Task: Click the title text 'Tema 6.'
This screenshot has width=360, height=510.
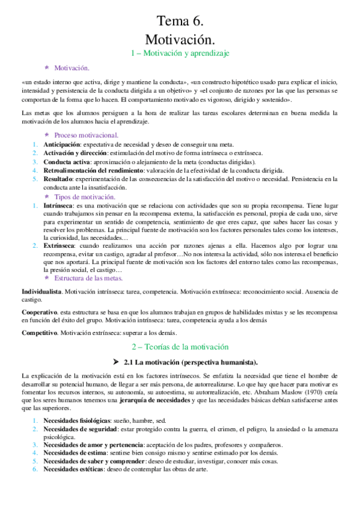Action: (x=180, y=22)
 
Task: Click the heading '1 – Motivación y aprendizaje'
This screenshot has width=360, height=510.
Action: (x=180, y=54)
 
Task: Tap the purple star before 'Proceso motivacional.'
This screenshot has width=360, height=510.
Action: (x=47, y=135)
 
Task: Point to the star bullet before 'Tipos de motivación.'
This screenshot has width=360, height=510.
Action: (x=47, y=197)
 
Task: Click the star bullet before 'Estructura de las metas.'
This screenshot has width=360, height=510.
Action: (x=47, y=278)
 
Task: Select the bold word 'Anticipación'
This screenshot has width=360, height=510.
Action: (x=61, y=144)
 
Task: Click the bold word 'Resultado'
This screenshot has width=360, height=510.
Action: (x=58, y=179)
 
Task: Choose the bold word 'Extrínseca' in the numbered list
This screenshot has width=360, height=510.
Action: (x=59, y=246)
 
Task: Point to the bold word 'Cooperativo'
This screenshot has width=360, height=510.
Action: (x=39, y=313)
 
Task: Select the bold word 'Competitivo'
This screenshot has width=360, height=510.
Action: (x=39, y=333)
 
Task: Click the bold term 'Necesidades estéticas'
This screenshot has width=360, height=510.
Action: (x=73, y=469)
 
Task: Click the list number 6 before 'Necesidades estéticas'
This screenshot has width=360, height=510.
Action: (x=35, y=469)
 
